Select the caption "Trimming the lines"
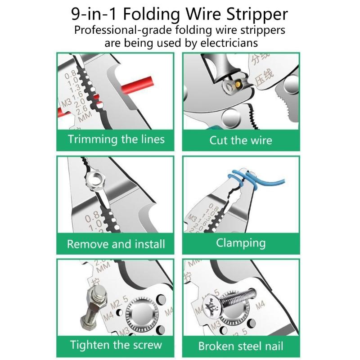[116, 139]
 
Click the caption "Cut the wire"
[241, 140]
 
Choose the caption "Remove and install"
[116, 244]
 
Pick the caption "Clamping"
[241, 243]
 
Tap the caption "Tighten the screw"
[116, 346]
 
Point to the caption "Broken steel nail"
[241, 346]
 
